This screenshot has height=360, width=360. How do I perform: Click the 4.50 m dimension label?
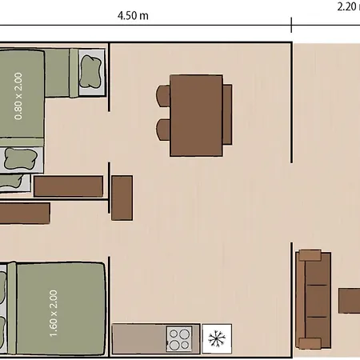133,16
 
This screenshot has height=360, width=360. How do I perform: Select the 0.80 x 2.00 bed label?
18,96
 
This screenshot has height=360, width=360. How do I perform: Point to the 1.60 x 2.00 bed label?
54,314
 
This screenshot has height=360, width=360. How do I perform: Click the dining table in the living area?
196,115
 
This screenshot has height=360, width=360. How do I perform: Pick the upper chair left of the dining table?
163,96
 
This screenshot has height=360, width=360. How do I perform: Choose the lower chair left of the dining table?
163,130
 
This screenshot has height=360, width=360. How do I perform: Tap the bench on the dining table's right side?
227,114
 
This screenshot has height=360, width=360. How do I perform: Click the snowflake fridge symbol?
217,339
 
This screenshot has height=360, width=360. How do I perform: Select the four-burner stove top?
179,339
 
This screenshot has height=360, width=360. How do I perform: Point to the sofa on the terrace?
314,299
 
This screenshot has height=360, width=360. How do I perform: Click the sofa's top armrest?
310,255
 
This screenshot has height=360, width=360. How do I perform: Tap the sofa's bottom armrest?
310,343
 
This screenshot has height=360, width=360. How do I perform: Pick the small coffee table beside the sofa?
350,301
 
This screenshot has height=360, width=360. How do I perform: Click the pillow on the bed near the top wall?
91,71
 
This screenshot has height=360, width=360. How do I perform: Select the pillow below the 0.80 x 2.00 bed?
21,159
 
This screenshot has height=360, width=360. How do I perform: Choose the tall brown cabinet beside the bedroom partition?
122,198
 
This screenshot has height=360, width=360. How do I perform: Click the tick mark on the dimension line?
291,25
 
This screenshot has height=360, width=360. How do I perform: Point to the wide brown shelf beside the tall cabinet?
69,186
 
